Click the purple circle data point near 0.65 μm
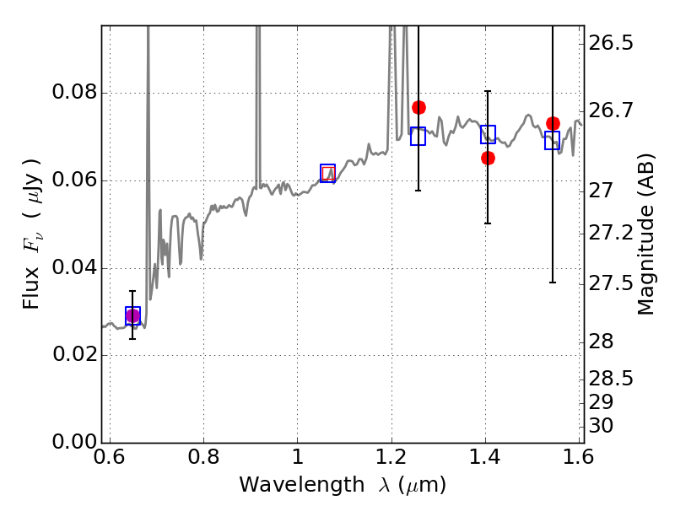132,316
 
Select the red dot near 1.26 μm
418,108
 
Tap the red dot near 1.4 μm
488,159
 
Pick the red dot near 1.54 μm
553,124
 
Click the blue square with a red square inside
327,174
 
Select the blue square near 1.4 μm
489,135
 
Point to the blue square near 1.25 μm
418,137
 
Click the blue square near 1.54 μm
552,140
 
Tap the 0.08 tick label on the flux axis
74,92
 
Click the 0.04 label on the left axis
74,267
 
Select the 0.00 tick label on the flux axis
74,442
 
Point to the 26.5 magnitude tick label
611,43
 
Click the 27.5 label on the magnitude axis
611,283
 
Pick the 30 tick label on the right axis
601,426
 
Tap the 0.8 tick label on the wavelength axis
203,457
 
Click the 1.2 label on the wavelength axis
391,457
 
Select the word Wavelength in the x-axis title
302,485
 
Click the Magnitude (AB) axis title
645,234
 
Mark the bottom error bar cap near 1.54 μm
553,283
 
